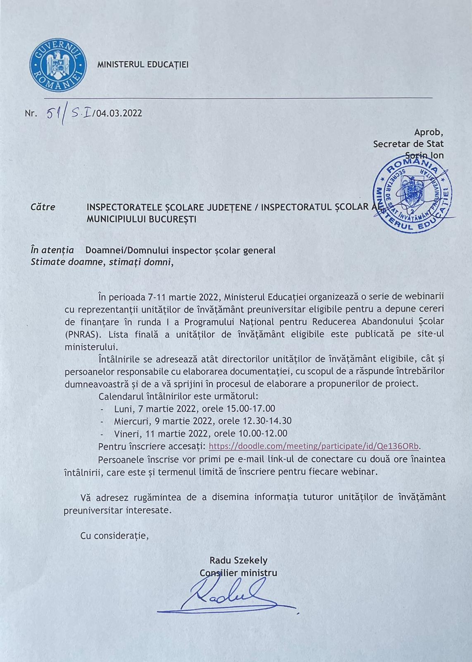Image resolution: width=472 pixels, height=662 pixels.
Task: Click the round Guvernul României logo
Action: [58, 65]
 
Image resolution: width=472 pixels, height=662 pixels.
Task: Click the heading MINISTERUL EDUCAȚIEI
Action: [143, 65]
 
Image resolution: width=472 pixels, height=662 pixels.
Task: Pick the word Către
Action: [43, 207]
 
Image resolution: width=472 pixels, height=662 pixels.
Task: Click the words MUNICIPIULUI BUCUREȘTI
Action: [141, 219]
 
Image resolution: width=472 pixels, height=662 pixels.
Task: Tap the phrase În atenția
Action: [52, 250]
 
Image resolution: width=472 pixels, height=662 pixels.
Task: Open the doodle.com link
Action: [314, 446]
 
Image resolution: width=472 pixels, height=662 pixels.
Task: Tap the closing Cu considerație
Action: [114, 536]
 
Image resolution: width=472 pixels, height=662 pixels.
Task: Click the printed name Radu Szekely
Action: [238, 560]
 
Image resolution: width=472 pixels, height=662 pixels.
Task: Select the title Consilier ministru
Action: [238, 573]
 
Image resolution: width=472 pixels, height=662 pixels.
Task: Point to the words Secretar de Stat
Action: [408, 144]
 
